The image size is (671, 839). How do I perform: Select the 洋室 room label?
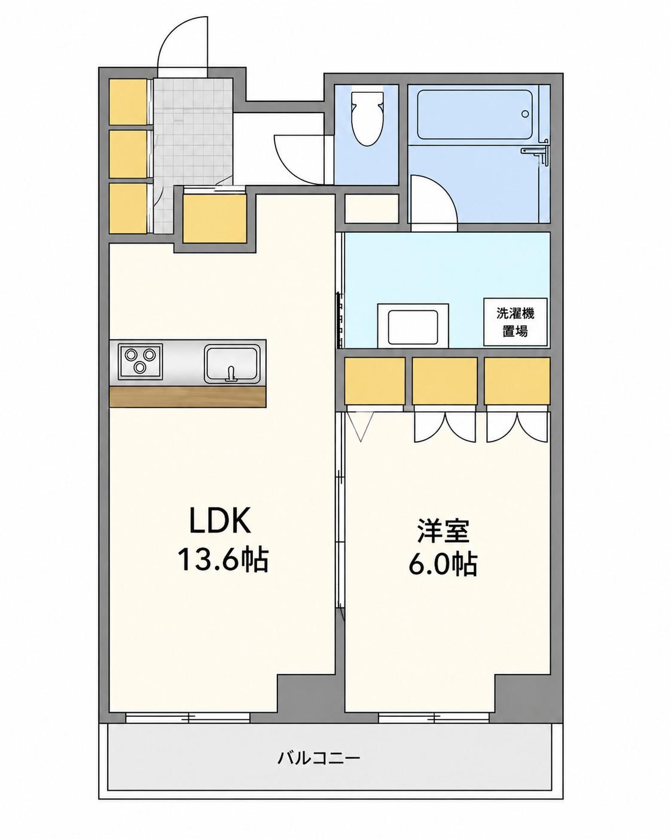click(x=443, y=531)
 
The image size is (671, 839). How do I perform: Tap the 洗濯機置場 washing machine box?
click(x=515, y=322)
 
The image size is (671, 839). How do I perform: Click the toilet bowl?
click(x=366, y=118)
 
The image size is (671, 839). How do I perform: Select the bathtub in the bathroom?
click(x=475, y=115)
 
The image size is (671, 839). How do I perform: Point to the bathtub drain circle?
click(x=525, y=114)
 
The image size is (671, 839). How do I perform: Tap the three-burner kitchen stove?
click(x=141, y=361)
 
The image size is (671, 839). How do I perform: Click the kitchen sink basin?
click(x=232, y=363)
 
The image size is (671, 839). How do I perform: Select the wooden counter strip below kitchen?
click(x=188, y=397)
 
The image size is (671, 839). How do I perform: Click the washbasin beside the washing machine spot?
click(x=413, y=326)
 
